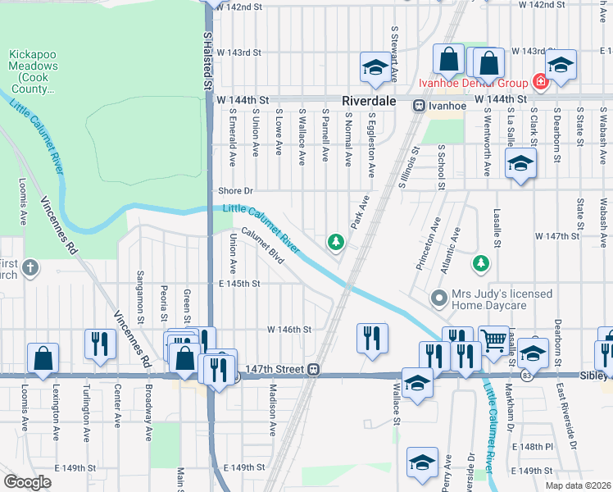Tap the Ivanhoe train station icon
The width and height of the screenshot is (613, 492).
click(418, 105)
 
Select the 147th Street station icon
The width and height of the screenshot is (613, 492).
click(314, 370)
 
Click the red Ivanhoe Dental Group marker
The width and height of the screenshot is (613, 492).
click(540, 82)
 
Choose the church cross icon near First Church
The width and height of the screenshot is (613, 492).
click(30, 268)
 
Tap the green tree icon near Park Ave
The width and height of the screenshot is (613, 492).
click(334, 241)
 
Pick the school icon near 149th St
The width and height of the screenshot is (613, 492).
click(422, 462)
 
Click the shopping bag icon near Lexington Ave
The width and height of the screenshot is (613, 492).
click(43, 358)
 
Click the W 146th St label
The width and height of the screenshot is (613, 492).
click(289, 329)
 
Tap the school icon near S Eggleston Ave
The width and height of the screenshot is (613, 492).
click(375, 68)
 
